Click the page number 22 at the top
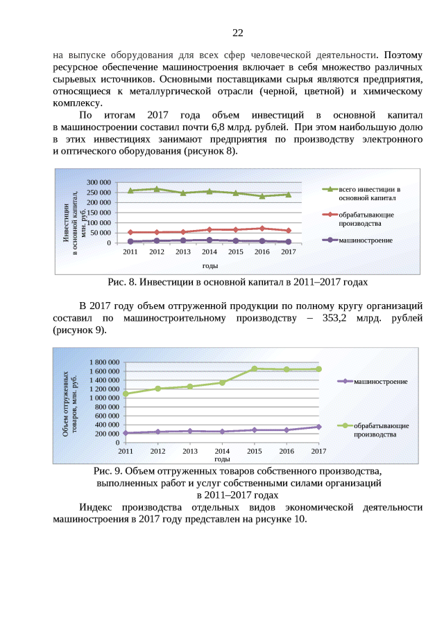(237, 33)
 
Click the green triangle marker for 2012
(157, 188)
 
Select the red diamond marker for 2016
(262, 228)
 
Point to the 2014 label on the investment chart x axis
(210, 252)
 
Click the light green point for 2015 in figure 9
(255, 369)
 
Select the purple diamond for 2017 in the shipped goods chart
(318, 427)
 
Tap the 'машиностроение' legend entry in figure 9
(379, 382)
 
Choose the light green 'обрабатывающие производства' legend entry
(380, 430)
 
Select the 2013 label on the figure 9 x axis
(190, 452)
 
